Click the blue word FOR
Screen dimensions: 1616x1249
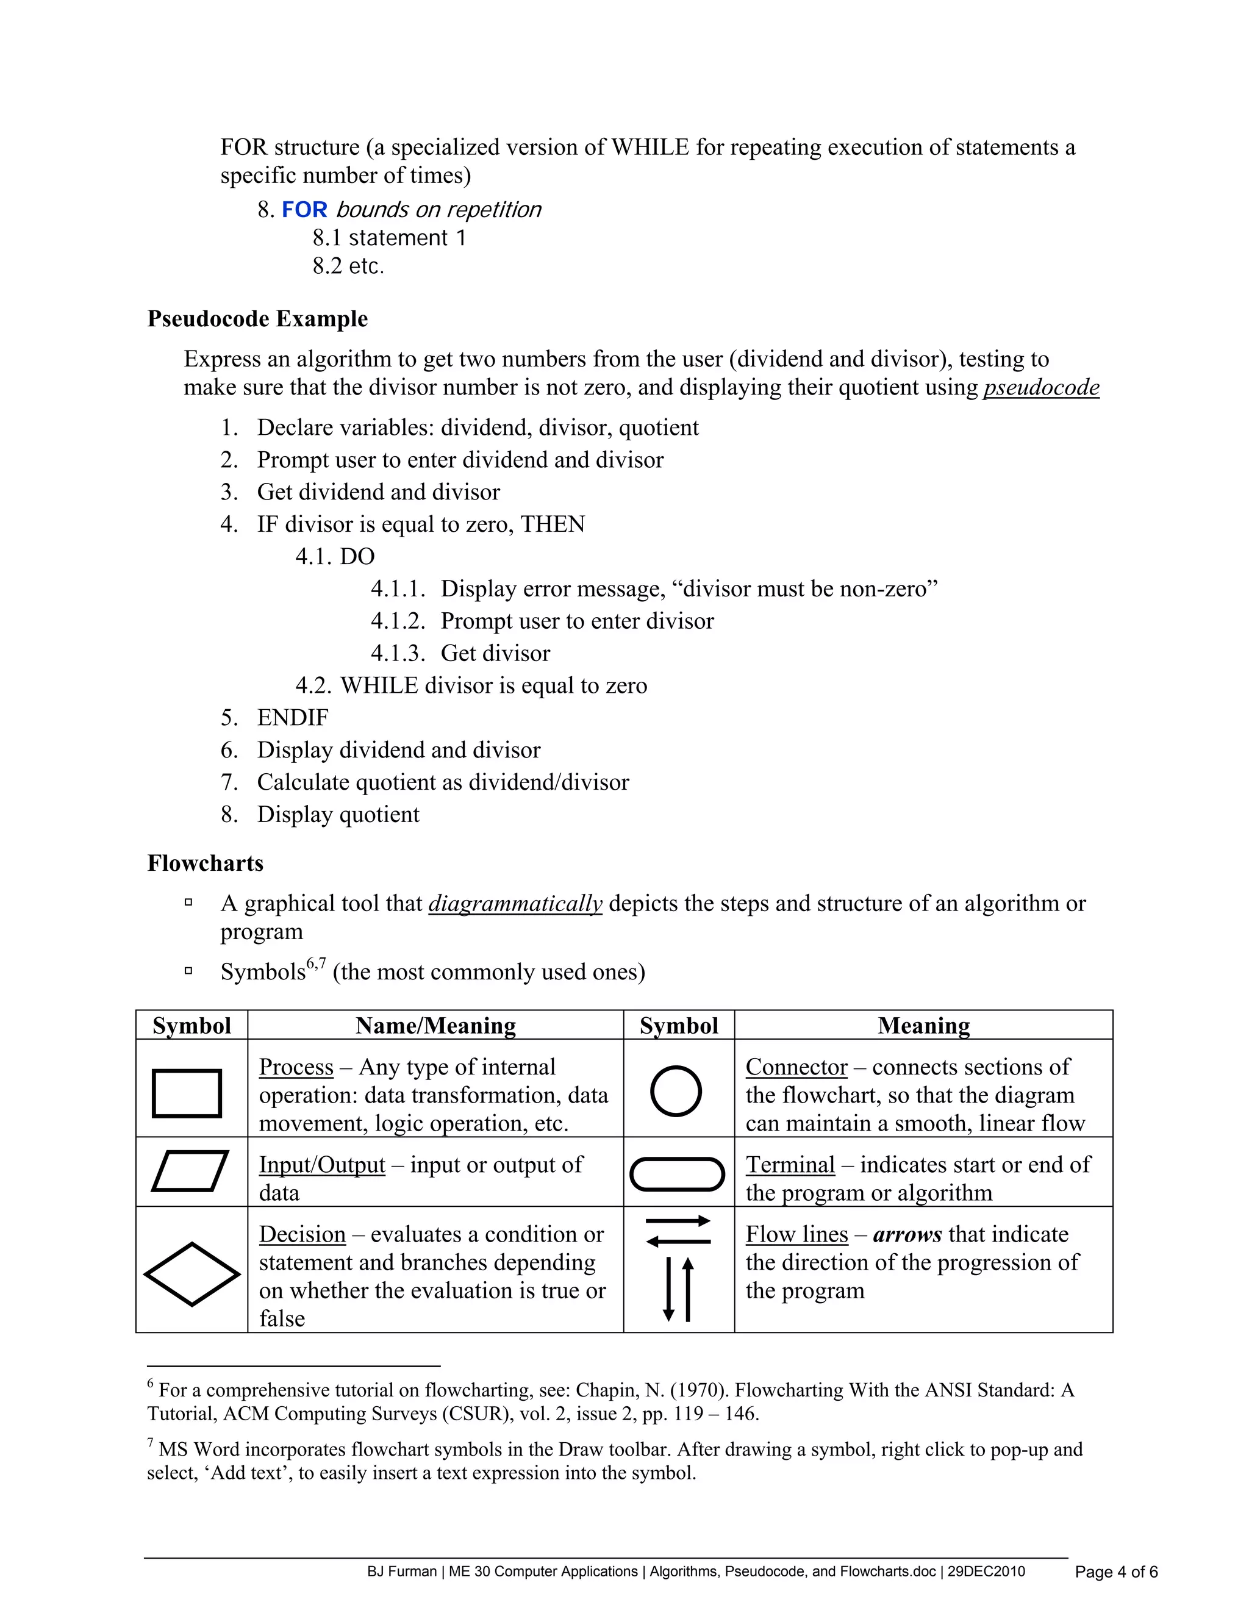pos(304,210)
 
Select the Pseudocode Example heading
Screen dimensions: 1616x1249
pos(257,319)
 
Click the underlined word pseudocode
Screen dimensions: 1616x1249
pos(1041,388)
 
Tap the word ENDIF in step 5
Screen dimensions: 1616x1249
pos(293,718)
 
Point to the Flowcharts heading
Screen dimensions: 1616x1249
pos(205,863)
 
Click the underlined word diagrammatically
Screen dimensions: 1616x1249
pos(515,904)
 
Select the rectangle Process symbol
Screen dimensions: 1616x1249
pos(187,1093)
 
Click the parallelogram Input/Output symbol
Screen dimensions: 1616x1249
pos(190,1171)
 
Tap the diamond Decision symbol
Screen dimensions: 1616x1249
pos(191,1273)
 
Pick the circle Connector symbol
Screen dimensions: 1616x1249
pos(676,1091)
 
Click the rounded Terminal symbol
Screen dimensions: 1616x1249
pos(677,1174)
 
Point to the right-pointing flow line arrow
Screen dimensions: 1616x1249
pos(678,1220)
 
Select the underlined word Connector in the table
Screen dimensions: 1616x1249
pos(796,1067)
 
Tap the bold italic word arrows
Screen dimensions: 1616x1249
pos(907,1234)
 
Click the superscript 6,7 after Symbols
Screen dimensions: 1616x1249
pos(316,964)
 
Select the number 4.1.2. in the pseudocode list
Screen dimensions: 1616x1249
pos(398,621)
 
